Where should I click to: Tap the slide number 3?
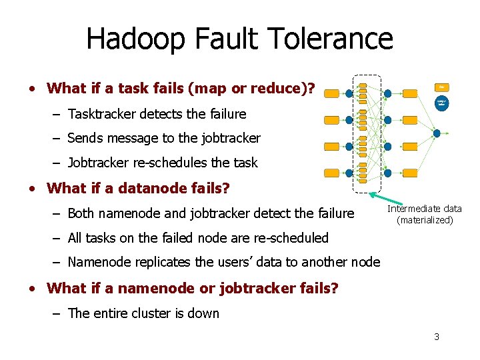click(x=437, y=337)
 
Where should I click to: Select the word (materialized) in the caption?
click(x=425, y=220)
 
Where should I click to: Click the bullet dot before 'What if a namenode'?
click(x=32, y=289)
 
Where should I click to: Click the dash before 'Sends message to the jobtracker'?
click(x=57, y=139)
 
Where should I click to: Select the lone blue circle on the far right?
click(x=437, y=133)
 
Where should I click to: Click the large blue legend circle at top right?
click(x=441, y=103)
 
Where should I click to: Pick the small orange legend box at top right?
click(x=441, y=87)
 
